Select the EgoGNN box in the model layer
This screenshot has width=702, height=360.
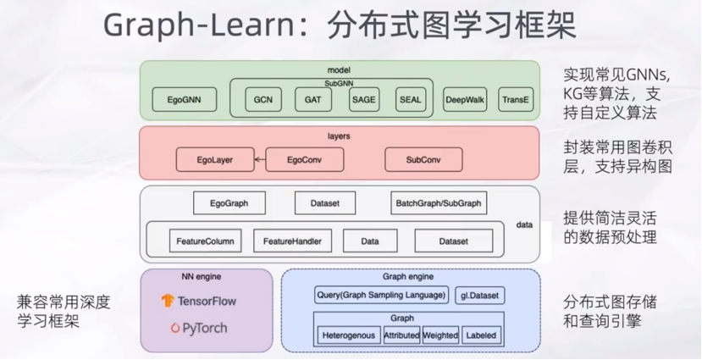pyautogui.click(x=184, y=99)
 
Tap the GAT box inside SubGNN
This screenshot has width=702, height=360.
pyautogui.click(x=312, y=99)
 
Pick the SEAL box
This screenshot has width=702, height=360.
pyautogui.click(x=410, y=99)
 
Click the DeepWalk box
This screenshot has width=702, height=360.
pyautogui.click(x=466, y=99)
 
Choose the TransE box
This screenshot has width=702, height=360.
pyautogui.click(x=516, y=99)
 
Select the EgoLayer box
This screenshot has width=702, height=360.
pyautogui.click(x=215, y=158)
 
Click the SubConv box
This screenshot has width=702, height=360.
pyautogui.click(x=423, y=158)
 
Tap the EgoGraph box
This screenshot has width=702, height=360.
pyautogui.click(x=229, y=203)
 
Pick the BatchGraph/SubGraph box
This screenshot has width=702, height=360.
pyautogui.click(x=438, y=203)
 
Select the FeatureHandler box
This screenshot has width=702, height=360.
pyautogui.click(x=292, y=241)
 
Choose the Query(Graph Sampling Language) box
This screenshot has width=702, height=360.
pyautogui.click(x=381, y=295)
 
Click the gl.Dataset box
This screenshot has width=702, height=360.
pyautogui.click(x=479, y=295)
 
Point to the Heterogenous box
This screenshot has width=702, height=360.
pyautogui.click(x=348, y=335)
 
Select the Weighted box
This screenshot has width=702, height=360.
pyautogui.click(x=440, y=335)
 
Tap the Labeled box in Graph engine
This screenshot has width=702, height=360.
pyautogui.click(x=481, y=335)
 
